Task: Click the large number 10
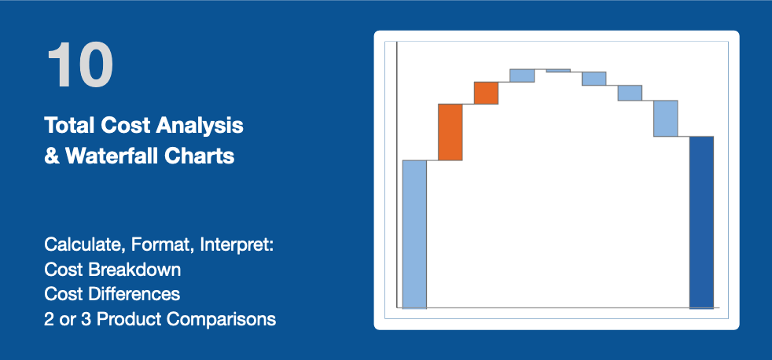[x=80, y=64]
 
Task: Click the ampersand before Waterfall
[x=53, y=156]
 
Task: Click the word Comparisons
[x=221, y=319]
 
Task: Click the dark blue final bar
[x=701, y=222]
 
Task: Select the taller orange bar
[x=450, y=132]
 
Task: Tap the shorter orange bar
[x=486, y=93]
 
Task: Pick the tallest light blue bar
[x=414, y=234]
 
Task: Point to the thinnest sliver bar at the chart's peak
[x=558, y=71]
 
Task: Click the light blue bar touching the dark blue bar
[x=666, y=118]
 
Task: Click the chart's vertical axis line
[x=397, y=174]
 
